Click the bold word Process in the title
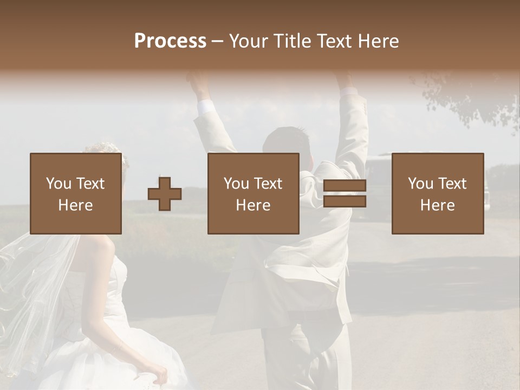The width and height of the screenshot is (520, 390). pos(170,41)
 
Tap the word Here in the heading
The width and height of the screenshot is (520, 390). pos(378,41)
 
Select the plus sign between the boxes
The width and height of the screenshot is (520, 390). pos(165,194)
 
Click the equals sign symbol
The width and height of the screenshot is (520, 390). pos(344,193)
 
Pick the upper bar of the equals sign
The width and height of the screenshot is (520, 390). pos(344,186)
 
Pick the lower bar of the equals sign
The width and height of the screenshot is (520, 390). pos(344,201)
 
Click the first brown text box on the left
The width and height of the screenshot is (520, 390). pos(75,193)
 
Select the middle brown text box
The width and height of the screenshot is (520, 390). pos(253,193)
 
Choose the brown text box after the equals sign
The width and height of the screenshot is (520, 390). pos(437,193)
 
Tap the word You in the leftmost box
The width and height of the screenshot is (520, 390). pos(59,184)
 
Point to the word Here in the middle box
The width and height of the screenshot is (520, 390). pos(253,205)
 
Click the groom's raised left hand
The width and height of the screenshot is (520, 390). pos(198,83)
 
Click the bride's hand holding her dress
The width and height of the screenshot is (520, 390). pos(158,374)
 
